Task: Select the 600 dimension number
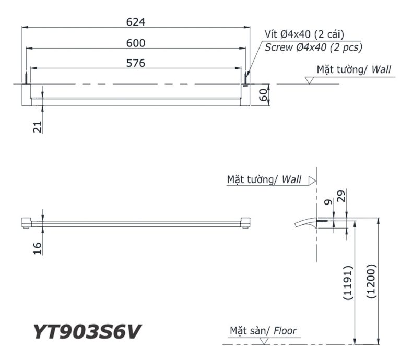(135, 43)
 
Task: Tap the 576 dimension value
(135, 63)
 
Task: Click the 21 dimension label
(38, 126)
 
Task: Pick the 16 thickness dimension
(38, 248)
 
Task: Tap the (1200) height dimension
(370, 281)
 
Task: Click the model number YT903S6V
(87, 332)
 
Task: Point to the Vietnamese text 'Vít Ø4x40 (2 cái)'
(304, 34)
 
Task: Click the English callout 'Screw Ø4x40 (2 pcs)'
(313, 47)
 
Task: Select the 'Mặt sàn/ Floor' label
(263, 331)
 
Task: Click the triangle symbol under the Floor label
(264, 341)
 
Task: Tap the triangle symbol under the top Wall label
(309, 80)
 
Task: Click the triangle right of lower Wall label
(312, 180)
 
